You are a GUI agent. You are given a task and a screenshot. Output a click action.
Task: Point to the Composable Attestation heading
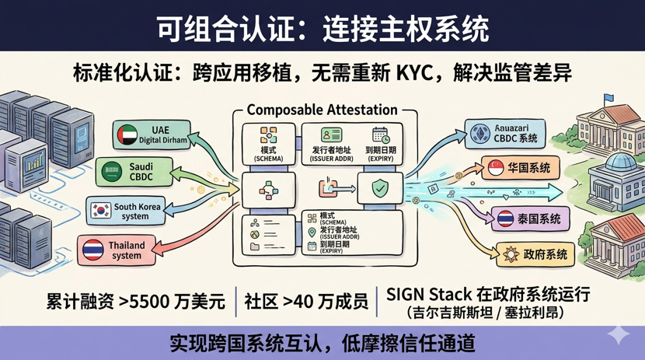click(x=322, y=110)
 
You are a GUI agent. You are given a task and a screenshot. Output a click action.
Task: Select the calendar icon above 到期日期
click(x=380, y=135)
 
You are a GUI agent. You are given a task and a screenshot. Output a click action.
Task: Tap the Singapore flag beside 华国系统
click(x=496, y=167)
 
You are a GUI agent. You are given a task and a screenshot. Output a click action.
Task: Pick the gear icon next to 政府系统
click(x=510, y=254)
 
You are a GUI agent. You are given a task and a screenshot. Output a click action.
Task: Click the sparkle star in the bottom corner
click(x=619, y=334)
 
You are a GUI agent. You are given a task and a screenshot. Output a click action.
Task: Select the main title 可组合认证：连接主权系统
click(x=322, y=29)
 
